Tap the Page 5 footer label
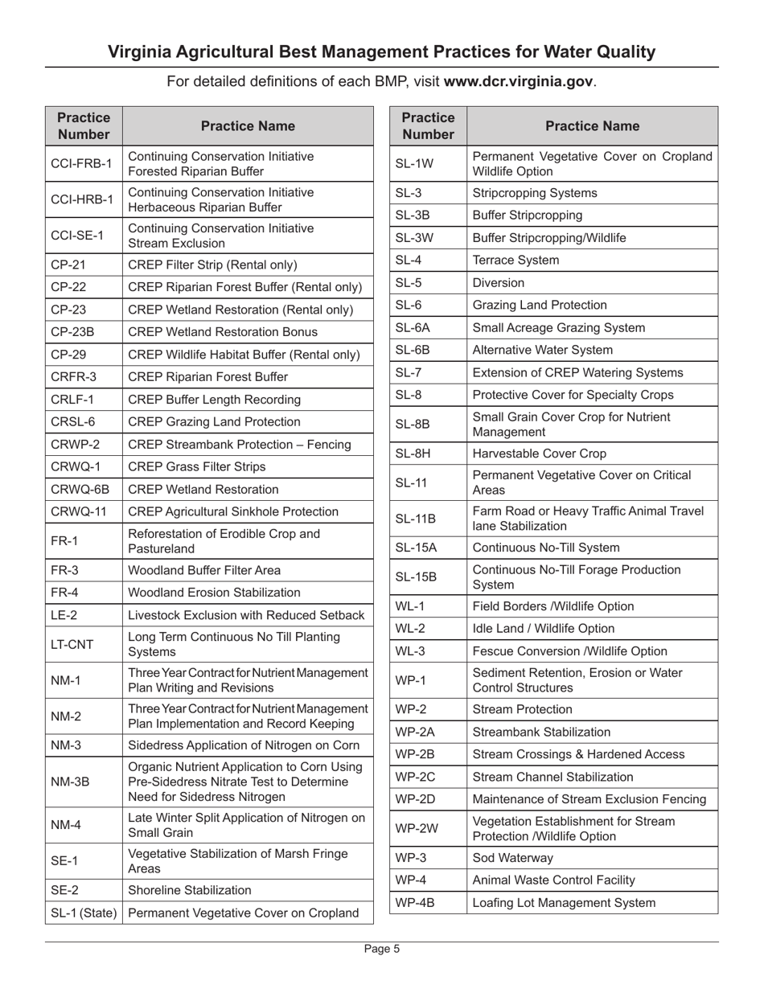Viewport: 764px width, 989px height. click(381, 949)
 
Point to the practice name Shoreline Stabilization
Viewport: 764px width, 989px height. click(190, 890)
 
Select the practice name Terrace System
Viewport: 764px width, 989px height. click(515, 260)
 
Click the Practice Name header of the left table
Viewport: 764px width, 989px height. click(248, 126)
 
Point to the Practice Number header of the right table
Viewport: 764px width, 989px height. click(429, 126)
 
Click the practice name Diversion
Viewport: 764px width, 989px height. click(499, 282)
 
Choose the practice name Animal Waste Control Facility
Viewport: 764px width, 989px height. click(554, 880)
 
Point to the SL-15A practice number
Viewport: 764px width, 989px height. click(415, 548)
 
